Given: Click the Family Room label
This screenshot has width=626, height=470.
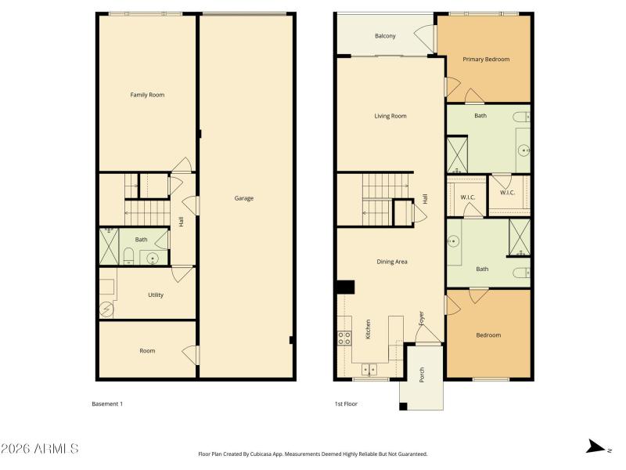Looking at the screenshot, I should coord(147,95).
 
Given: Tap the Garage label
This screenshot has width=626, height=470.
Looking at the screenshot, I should coord(244,198).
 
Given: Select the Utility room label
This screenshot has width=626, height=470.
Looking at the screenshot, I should coord(156,295).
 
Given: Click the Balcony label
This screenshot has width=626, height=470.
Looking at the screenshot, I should coord(384,36).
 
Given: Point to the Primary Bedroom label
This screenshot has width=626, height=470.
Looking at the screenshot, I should coord(486,60).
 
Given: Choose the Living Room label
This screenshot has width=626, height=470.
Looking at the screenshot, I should coord(390,116).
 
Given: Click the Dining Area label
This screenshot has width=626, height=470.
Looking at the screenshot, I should coord(391,262).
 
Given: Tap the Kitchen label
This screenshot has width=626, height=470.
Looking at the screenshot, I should coord(368,328).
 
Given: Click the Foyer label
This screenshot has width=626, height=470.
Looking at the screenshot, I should coord(421,319).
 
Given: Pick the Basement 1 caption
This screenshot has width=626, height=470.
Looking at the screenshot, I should coord(107,404).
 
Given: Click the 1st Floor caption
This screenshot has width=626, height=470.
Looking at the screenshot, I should coord(347,404).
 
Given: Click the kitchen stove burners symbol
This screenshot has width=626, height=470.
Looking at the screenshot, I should coord(344,338).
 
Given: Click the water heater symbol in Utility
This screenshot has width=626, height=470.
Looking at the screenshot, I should coord(106,309).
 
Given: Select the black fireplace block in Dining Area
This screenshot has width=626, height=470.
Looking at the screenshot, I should coord(345,287).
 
